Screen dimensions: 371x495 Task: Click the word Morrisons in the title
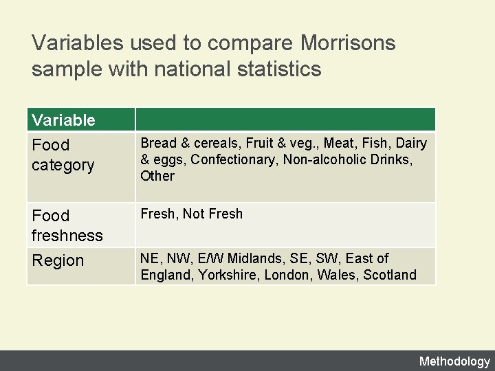point(348,43)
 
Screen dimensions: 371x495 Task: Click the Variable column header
point(63,120)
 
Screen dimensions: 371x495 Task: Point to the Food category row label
point(63,155)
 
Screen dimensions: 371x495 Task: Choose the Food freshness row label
point(67,225)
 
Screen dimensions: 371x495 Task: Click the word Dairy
point(411,143)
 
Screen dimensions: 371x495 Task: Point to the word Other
point(157,176)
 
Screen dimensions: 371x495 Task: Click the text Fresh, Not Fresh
point(191,214)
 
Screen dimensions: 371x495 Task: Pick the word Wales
point(335,275)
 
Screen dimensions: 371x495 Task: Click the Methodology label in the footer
point(454,361)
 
